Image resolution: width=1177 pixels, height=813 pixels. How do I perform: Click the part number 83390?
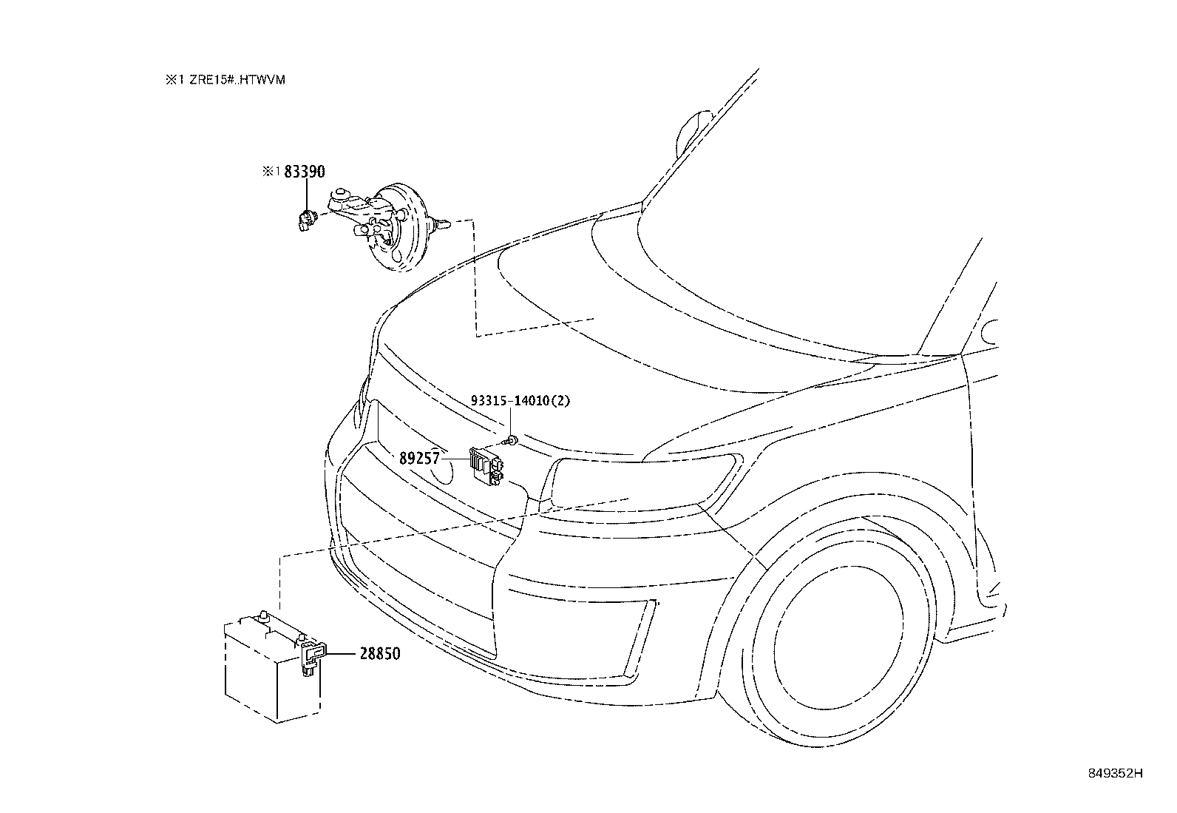(x=305, y=172)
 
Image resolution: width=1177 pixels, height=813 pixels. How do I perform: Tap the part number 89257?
(x=420, y=459)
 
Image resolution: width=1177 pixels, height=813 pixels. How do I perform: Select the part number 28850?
(x=380, y=654)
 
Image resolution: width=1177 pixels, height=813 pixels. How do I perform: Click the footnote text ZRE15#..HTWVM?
(x=235, y=80)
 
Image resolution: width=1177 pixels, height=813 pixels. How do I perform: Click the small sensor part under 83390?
(x=305, y=219)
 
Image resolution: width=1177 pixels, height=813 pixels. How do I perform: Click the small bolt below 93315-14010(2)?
(x=512, y=442)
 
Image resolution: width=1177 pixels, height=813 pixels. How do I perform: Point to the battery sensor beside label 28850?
(x=311, y=657)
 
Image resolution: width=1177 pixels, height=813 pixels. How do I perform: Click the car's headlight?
(x=643, y=485)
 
